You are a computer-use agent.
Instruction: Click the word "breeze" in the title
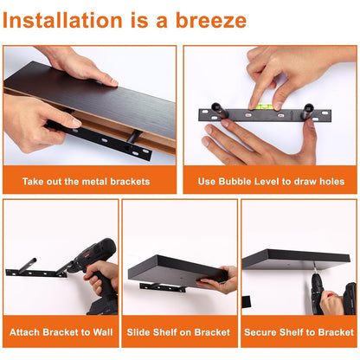pyautogui.click(x=211, y=20)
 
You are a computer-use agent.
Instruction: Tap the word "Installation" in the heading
pyautogui.click(x=62, y=20)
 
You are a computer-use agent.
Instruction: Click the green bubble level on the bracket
pyautogui.click(x=263, y=106)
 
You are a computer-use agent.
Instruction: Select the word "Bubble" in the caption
pyautogui.click(x=235, y=181)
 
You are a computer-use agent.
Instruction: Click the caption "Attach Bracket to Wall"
pyautogui.click(x=61, y=332)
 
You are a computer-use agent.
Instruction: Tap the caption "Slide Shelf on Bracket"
pyautogui.click(x=178, y=332)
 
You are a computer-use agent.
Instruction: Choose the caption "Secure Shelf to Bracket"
pyautogui.click(x=299, y=332)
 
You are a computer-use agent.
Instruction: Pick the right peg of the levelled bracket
pyautogui.click(x=307, y=111)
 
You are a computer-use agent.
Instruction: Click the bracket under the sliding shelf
pyautogui.click(x=162, y=287)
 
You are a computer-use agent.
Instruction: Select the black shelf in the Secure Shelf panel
pyautogui.click(x=296, y=260)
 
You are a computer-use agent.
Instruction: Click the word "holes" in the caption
pyautogui.click(x=331, y=181)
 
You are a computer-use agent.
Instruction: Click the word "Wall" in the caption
pyautogui.click(x=103, y=332)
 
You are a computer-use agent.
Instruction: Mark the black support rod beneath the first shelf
pyautogui.click(x=134, y=136)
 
